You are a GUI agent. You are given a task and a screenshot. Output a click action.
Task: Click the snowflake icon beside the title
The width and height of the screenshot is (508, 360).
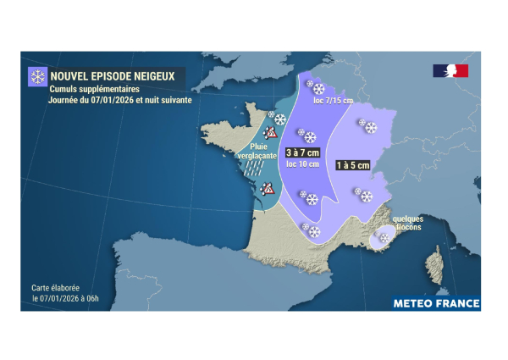pos(38,77)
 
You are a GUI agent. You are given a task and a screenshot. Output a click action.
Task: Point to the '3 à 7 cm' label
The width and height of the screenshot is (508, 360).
pos(301,152)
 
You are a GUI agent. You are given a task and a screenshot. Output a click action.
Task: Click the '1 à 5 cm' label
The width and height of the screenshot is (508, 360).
pos(353,165)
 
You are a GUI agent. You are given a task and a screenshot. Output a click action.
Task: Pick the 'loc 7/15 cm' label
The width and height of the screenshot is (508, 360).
pos(333,101)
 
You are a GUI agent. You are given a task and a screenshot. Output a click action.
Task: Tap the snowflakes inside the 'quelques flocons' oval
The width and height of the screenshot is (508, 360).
pos(385,239)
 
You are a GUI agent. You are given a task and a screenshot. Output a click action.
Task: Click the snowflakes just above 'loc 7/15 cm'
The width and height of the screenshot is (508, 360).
pos(314,88)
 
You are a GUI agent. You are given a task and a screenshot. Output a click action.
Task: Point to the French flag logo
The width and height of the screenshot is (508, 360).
pos(450,71)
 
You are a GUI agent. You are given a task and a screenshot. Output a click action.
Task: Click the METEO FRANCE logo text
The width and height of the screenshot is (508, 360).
pos(436,303)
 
